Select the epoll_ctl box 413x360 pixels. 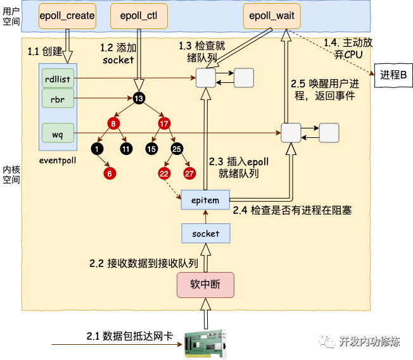click(135, 15)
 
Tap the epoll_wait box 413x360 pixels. click(270, 15)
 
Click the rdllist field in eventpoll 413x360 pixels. click(57, 78)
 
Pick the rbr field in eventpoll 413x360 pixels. click(57, 98)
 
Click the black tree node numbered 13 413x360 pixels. click(138, 97)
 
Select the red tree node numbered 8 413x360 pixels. click(114, 123)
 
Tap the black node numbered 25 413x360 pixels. click(176, 149)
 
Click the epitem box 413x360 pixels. click(205, 201)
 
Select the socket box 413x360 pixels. click(205, 233)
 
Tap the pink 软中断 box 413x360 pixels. click(205, 284)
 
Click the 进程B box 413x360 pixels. click(393, 75)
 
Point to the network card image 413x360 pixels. click(206, 345)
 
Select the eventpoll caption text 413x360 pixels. click(57, 160)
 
